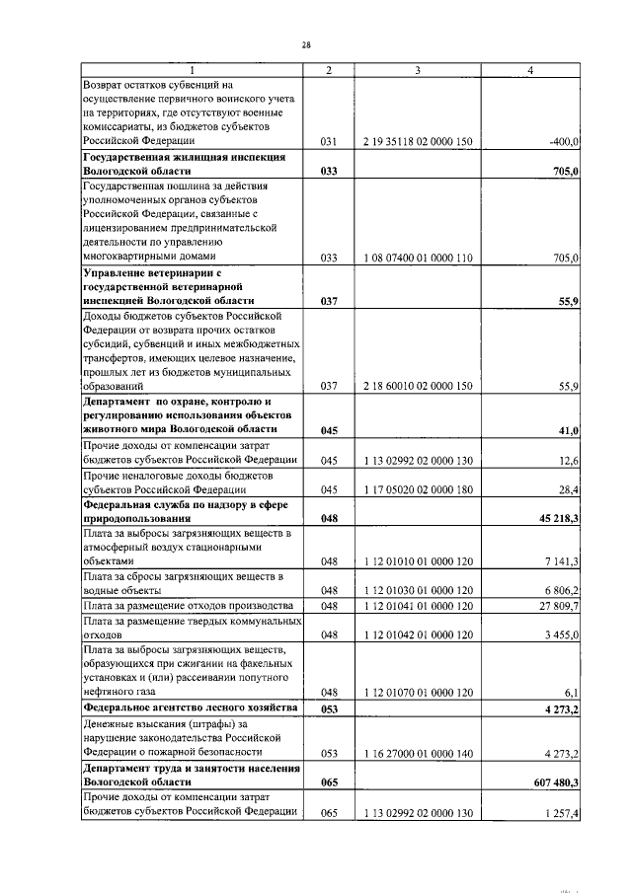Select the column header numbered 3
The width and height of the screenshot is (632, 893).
pos(418,70)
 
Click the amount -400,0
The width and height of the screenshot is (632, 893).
pos(562,142)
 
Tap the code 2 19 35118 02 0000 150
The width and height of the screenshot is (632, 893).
pos(418,142)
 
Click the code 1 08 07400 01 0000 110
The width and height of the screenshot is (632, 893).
pos(418,258)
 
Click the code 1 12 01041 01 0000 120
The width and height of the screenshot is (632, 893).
pos(418,605)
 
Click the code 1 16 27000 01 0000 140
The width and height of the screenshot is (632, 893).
pos(418,753)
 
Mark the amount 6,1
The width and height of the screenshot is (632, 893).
pos(570,693)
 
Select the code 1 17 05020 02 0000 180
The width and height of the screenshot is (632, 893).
pos(418,488)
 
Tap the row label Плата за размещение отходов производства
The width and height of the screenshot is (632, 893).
pos(189,605)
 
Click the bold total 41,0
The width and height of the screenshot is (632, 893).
pos(568,430)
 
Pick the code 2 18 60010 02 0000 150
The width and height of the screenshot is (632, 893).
pos(418,387)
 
